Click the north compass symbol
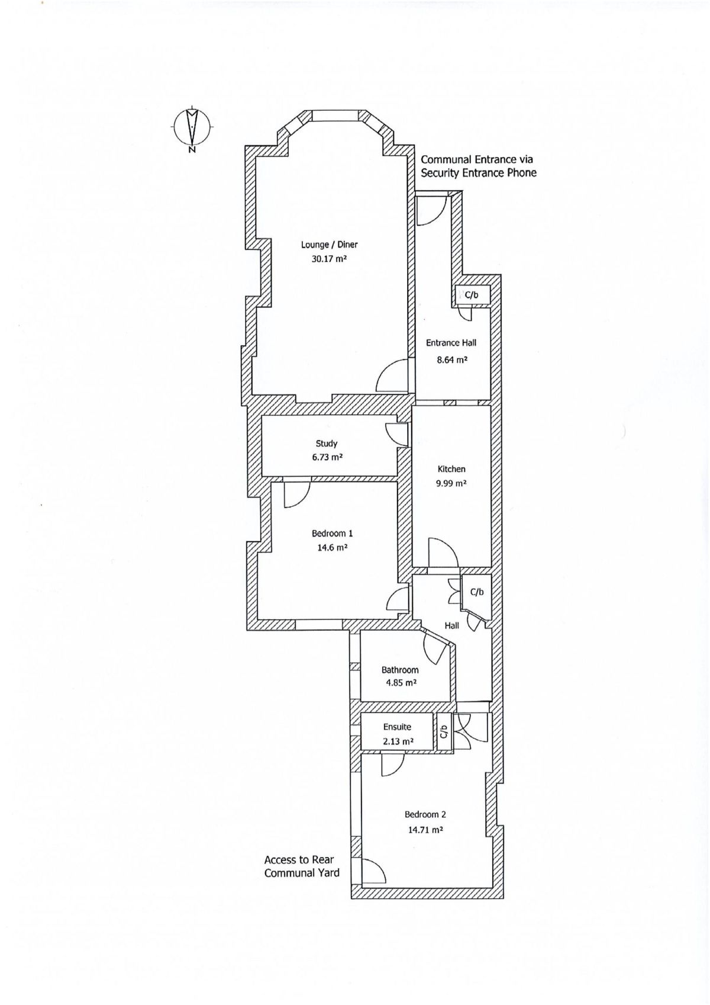click(x=192, y=127)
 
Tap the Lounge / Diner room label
click(x=329, y=245)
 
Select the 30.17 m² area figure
click(x=329, y=259)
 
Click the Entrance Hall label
click(x=451, y=343)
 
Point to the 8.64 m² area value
click(x=452, y=359)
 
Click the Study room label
click(x=327, y=444)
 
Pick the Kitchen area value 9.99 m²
click(x=451, y=483)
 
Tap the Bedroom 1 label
click(x=332, y=534)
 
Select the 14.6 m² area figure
click(x=332, y=548)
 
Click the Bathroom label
click(x=400, y=670)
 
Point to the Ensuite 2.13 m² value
click(x=398, y=741)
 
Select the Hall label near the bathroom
click(x=452, y=625)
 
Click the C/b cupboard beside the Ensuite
click(x=443, y=733)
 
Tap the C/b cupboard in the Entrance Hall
click(x=472, y=295)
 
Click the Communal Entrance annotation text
click(x=478, y=166)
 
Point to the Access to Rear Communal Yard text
click(x=302, y=866)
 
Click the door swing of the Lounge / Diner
click(x=391, y=377)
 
